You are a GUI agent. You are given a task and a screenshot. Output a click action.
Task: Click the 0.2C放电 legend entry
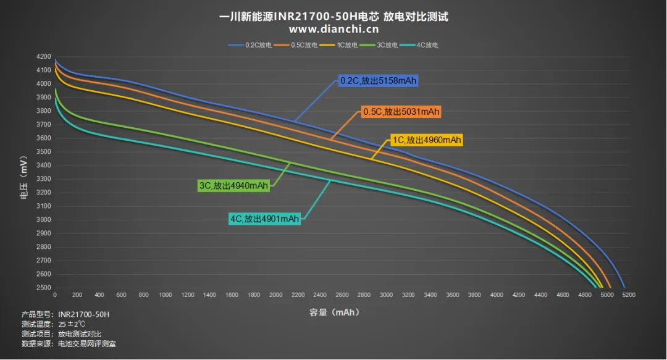click(x=250, y=45)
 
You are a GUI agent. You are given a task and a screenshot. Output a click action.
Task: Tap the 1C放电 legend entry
click(x=338, y=45)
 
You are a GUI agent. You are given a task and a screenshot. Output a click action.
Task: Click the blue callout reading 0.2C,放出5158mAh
click(x=378, y=80)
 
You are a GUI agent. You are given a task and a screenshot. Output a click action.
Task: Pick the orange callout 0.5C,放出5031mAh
click(x=401, y=112)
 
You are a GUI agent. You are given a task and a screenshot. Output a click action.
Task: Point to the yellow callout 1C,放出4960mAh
click(x=427, y=140)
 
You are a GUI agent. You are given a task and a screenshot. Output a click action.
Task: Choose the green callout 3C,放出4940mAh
click(x=234, y=185)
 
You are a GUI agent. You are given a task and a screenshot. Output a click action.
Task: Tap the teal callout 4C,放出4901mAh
click(x=264, y=219)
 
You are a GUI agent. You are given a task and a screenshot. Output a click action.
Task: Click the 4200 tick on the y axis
click(x=43, y=57)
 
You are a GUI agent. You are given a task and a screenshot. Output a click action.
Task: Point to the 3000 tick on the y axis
click(x=43, y=220)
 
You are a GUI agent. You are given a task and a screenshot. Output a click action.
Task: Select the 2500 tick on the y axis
click(x=43, y=288)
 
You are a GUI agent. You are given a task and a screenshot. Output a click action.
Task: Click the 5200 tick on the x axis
click(x=629, y=295)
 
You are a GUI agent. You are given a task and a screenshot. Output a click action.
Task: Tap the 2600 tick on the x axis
click(x=342, y=295)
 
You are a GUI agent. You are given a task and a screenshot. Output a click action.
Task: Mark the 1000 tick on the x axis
click(x=166, y=295)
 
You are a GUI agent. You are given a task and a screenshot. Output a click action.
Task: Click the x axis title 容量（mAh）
click(x=334, y=312)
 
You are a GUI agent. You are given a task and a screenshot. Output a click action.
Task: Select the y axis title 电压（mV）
click(x=24, y=177)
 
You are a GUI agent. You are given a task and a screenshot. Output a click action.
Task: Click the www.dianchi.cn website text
click(x=333, y=29)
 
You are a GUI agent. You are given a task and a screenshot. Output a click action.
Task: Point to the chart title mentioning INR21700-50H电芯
click(x=333, y=17)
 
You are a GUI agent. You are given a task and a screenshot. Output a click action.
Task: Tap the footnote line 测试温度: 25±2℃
click(x=54, y=324)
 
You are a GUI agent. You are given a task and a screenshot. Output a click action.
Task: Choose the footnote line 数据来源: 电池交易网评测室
click(x=69, y=344)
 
